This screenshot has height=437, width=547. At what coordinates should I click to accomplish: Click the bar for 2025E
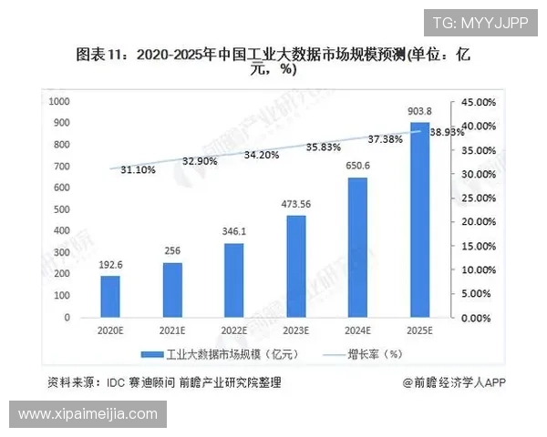[x=419, y=220]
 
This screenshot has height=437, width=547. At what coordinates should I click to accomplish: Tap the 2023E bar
[x=295, y=267]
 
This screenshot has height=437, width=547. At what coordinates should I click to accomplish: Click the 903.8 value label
[x=419, y=111]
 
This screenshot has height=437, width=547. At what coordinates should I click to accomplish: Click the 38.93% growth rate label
[x=446, y=132]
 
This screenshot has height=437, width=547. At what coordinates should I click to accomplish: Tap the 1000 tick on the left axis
[x=60, y=101]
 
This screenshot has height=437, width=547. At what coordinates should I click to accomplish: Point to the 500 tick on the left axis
[x=63, y=209]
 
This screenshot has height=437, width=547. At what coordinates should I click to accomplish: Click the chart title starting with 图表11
[x=273, y=62]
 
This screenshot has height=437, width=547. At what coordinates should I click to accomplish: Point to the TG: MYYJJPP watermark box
[x=479, y=23]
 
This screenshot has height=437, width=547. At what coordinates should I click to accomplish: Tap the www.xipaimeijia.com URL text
[x=88, y=415]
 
